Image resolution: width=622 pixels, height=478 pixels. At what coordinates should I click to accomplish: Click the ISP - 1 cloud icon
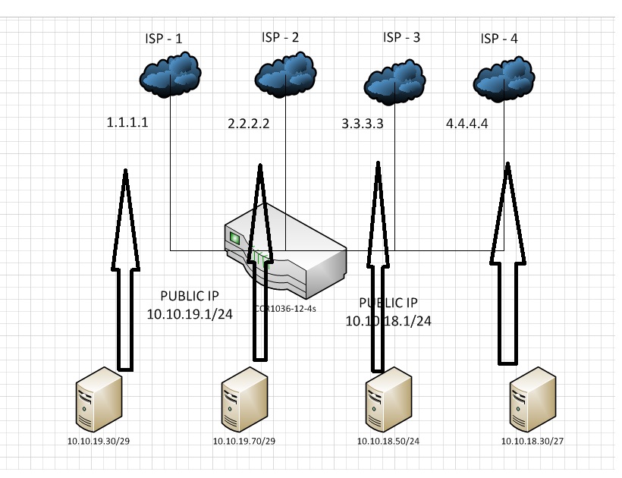pyautogui.click(x=171, y=75)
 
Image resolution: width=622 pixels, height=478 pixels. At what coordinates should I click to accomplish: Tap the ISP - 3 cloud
pyautogui.click(x=394, y=80)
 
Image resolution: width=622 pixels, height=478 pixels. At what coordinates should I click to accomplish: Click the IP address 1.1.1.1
pyautogui.click(x=127, y=121)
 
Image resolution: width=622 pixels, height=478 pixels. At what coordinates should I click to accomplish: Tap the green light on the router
pyautogui.click(x=235, y=239)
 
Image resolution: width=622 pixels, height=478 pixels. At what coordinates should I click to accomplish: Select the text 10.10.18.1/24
pyautogui.click(x=388, y=320)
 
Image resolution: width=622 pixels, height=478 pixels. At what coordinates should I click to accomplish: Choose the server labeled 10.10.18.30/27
pyautogui.click(x=528, y=403)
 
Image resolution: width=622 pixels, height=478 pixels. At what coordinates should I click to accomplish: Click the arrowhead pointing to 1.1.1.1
pyautogui.click(x=126, y=182)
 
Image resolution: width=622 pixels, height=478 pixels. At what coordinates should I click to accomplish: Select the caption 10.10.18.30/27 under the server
pyautogui.click(x=528, y=441)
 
